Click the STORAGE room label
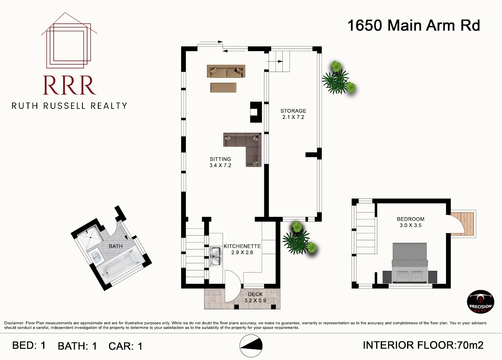[x=293, y=111]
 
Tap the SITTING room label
[x=220, y=159]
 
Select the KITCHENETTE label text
[x=242, y=246]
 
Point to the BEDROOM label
[x=410, y=219]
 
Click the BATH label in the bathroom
[x=115, y=246]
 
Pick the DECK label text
[x=255, y=294]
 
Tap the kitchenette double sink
[x=216, y=257]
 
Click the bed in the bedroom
[x=410, y=263]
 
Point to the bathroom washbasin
[x=97, y=257]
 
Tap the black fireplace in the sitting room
[x=256, y=112]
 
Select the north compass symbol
[x=251, y=346]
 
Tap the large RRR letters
[x=69, y=85]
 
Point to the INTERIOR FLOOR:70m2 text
[x=423, y=345]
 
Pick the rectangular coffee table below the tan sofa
[x=223, y=87]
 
